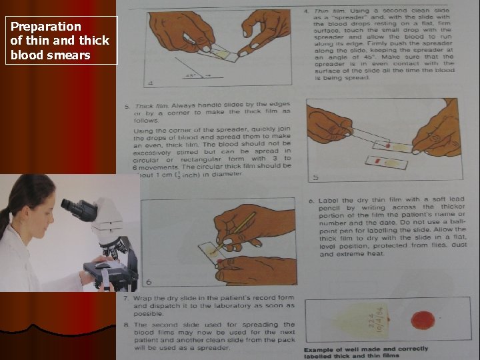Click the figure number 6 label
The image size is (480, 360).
[x=149, y=282]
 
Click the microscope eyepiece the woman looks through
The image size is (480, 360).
[x=73, y=205]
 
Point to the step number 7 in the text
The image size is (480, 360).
[x=126, y=297]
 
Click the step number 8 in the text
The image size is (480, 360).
[x=126, y=325]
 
